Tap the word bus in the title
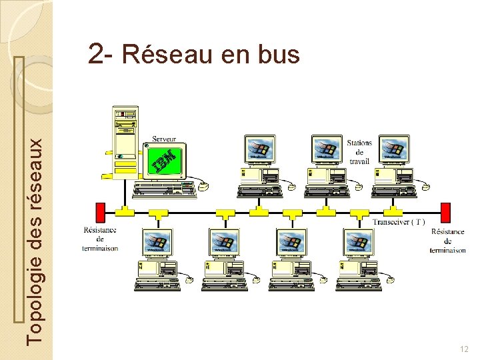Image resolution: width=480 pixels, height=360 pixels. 277,54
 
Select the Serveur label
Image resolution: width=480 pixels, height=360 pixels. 165,139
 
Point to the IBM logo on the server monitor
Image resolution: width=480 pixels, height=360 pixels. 164,161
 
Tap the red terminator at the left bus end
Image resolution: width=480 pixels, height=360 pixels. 102,213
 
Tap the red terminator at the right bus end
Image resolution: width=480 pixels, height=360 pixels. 447,213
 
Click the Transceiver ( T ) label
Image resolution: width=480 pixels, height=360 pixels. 399,222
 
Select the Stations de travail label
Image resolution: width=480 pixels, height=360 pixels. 359,152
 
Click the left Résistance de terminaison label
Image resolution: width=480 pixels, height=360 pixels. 101,239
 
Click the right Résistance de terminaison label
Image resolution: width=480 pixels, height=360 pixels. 447,241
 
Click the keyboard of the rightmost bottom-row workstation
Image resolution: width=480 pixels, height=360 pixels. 358,285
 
